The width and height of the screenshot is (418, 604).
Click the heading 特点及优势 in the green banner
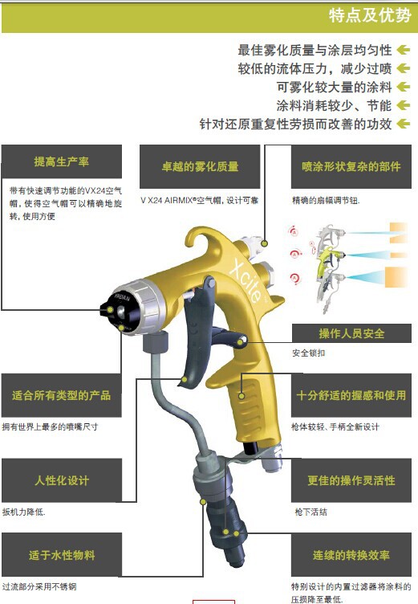[370, 16]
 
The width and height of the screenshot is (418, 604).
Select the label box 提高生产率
[62, 161]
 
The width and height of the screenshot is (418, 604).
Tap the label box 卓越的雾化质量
[200, 166]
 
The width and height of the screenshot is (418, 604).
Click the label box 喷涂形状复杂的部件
[351, 166]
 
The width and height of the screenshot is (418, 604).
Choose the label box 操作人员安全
[351, 333]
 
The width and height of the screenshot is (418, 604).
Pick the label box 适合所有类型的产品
[62, 395]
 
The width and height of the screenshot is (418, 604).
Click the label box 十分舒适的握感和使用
[351, 395]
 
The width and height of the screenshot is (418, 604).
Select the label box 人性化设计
[62, 480]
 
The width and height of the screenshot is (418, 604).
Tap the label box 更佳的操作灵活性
[351, 480]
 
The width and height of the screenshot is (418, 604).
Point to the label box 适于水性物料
[62, 555]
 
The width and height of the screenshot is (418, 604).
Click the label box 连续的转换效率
[351, 555]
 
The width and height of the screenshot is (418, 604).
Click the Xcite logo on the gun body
[246, 280]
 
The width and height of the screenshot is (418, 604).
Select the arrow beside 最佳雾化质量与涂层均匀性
[404, 50]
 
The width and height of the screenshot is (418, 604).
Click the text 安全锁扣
[309, 353]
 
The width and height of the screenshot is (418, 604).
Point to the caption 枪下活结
[311, 512]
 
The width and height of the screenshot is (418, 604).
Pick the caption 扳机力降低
[24, 512]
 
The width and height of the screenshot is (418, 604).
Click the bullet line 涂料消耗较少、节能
[334, 105]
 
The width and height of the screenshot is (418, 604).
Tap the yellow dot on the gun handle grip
[241, 396]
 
